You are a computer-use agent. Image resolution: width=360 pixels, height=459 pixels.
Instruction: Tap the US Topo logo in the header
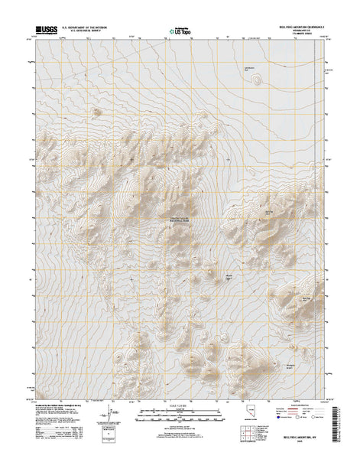point(179,31)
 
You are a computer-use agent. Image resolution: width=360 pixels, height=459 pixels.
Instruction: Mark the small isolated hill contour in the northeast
point(257,77)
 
